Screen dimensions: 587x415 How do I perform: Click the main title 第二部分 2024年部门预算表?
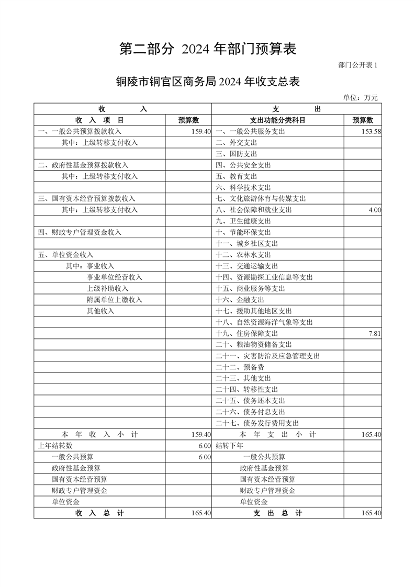[208, 49]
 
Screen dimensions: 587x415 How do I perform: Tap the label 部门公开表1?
[357, 65]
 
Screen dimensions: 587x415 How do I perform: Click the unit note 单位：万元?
[360, 97]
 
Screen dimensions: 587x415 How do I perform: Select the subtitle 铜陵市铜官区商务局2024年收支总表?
[208, 82]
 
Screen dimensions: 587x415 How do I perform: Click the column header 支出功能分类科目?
[277, 120]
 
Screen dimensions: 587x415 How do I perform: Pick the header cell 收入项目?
[99, 120]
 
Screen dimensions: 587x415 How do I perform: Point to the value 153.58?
[371, 131]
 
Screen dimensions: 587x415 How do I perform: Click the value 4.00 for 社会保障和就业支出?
[374, 210]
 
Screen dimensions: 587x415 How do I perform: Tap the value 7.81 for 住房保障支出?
[374, 333]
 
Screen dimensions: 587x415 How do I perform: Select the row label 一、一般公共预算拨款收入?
[80, 131]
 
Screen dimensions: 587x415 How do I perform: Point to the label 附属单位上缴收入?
[114, 300]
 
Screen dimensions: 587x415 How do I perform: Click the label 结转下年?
[229, 446]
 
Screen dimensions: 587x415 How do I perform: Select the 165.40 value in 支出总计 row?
[371, 513]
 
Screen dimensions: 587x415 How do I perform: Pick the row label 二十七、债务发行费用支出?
[257, 423]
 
